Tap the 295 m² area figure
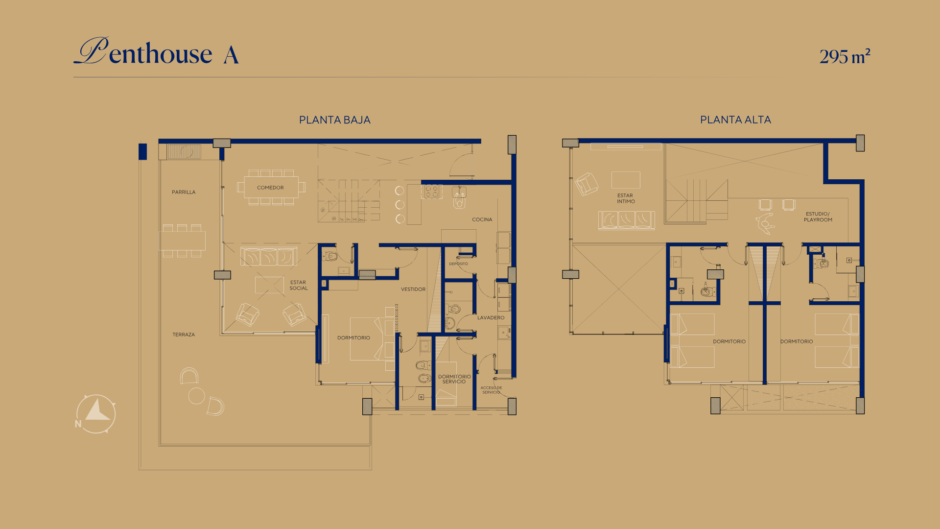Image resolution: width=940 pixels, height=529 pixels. click(x=845, y=56)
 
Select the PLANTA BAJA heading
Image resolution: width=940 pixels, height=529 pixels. click(x=334, y=120)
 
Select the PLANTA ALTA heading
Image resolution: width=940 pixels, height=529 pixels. click(x=735, y=120)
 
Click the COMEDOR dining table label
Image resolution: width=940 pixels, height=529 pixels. click(x=270, y=188)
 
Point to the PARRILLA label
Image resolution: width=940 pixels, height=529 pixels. click(x=184, y=192)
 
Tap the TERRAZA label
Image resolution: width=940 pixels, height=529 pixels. click(x=184, y=335)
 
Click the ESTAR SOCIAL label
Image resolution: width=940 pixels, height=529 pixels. click(x=299, y=285)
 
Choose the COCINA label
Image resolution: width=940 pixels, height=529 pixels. click(x=482, y=219)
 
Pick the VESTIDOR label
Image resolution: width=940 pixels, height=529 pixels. click(x=413, y=289)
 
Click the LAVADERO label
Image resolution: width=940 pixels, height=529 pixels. click(x=491, y=318)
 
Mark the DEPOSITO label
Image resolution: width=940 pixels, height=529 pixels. click(x=458, y=264)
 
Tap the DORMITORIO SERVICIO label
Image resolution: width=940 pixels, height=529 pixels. click(x=454, y=379)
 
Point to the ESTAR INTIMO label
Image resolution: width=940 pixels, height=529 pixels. click(x=626, y=198)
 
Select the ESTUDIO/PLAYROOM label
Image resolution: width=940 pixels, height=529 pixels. click(x=818, y=217)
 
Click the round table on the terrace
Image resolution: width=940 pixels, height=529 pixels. click(x=196, y=396)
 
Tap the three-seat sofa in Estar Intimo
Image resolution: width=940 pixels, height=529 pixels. click(x=626, y=220)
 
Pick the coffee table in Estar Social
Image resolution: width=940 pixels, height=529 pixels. click(x=269, y=285)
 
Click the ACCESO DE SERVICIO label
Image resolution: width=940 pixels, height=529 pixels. click(x=491, y=390)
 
